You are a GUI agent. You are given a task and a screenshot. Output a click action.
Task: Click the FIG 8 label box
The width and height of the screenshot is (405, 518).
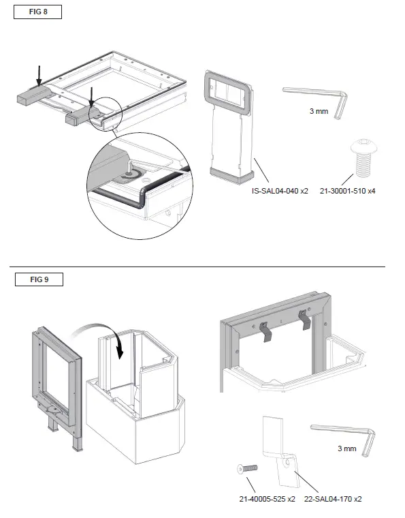click(x=38, y=12)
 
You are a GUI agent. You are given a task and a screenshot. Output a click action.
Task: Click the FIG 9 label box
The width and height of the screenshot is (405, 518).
click(x=38, y=279)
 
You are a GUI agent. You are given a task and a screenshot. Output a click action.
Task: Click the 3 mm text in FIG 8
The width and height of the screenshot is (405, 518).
click(x=318, y=110)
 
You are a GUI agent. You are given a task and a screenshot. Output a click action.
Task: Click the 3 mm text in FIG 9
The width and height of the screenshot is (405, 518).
click(x=347, y=448)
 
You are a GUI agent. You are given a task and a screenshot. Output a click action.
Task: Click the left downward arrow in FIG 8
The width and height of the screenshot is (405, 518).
click(x=39, y=76)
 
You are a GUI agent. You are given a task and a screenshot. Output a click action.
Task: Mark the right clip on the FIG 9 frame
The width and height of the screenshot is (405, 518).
click(x=304, y=318)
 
